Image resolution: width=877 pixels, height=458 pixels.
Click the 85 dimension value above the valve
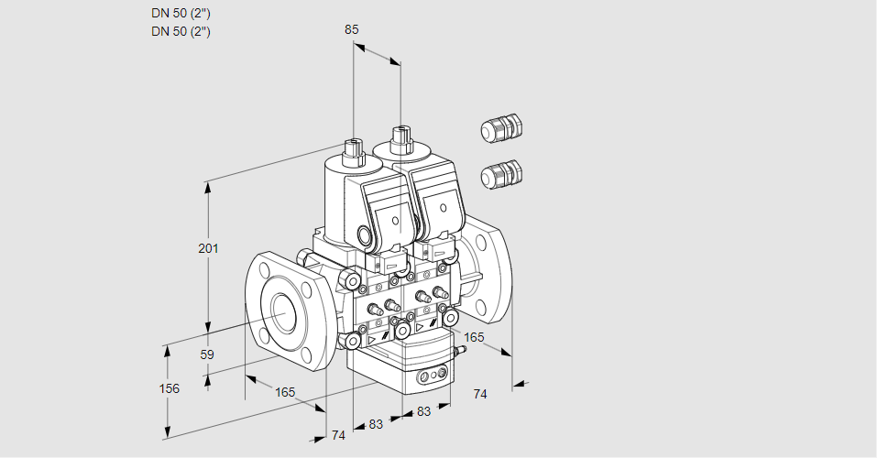click(x=351, y=29)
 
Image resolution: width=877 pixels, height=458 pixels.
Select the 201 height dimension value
click(x=209, y=249)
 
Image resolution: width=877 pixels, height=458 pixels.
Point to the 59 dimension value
click(x=207, y=354)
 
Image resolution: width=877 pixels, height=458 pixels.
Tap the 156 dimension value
click(x=169, y=388)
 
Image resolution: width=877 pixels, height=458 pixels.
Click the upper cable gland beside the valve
click(x=500, y=128)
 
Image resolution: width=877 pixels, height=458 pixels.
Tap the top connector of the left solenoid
click(x=353, y=147)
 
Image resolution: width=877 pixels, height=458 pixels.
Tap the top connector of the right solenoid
click(x=400, y=138)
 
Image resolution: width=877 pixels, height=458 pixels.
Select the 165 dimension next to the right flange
click(x=474, y=337)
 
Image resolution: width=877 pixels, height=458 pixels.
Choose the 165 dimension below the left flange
click(x=285, y=392)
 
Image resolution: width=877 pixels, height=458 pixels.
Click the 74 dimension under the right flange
click(x=480, y=393)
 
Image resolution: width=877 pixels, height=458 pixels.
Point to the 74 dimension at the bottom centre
click(x=338, y=435)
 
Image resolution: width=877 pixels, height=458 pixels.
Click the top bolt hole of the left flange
click(x=266, y=269)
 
